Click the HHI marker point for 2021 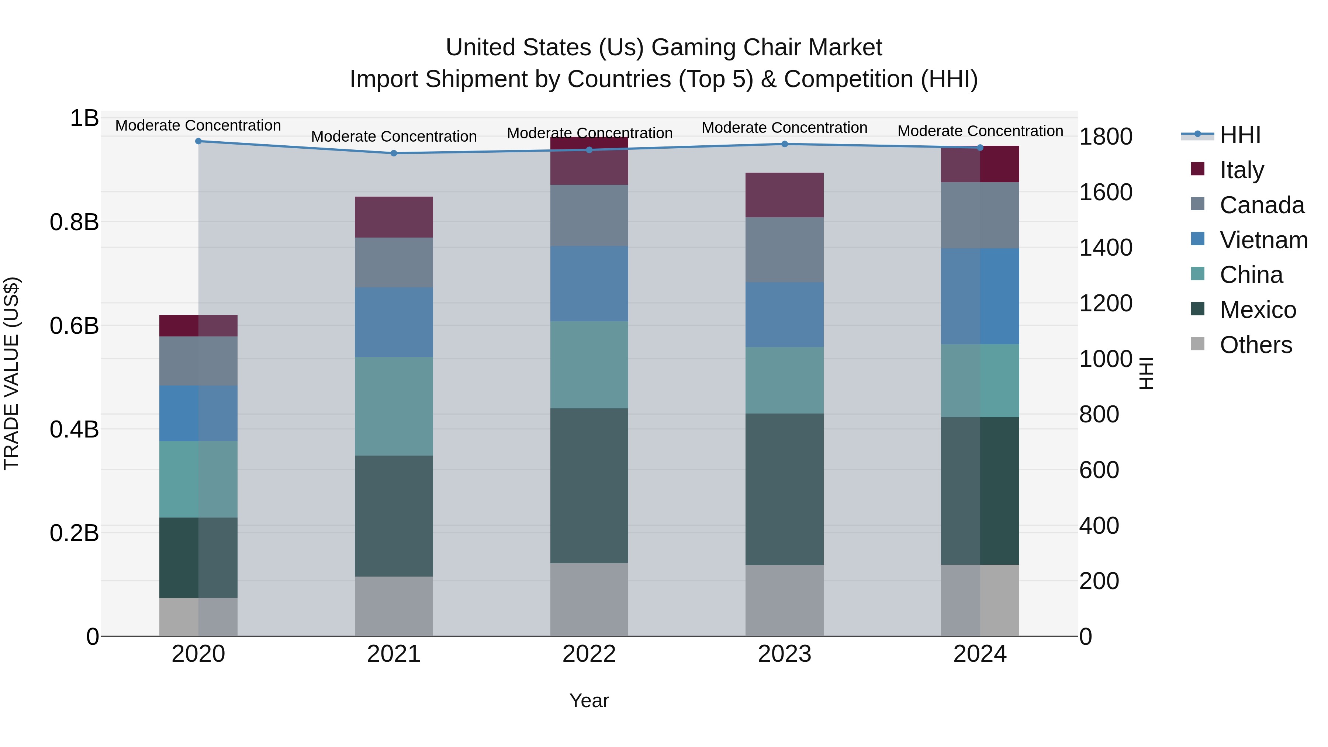pyautogui.click(x=394, y=153)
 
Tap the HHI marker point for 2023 pyautogui.click(x=785, y=144)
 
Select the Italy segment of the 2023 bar pyautogui.click(x=784, y=195)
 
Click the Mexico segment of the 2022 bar pyautogui.click(x=589, y=485)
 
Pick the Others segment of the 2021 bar pyautogui.click(x=394, y=606)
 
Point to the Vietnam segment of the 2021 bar pyautogui.click(x=394, y=322)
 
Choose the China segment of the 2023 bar pyautogui.click(x=784, y=380)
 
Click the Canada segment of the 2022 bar pyautogui.click(x=589, y=215)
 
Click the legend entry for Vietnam pyautogui.click(x=1263, y=240)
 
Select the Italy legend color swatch pyautogui.click(x=1197, y=169)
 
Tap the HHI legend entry pyautogui.click(x=1240, y=135)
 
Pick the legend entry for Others pyautogui.click(x=1255, y=345)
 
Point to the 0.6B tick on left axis pyautogui.click(x=74, y=326)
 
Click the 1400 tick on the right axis pyautogui.click(x=1106, y=248)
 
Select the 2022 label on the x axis pyautogui.click(x=589, y=654)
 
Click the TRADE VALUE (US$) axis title pyautogui.click(x=11, y=373)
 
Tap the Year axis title pyautogui.click(x=589, y=701)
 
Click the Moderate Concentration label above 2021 pyautogui.click(x=394, y=136)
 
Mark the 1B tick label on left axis pyautogui.click(x=84, y=118)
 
